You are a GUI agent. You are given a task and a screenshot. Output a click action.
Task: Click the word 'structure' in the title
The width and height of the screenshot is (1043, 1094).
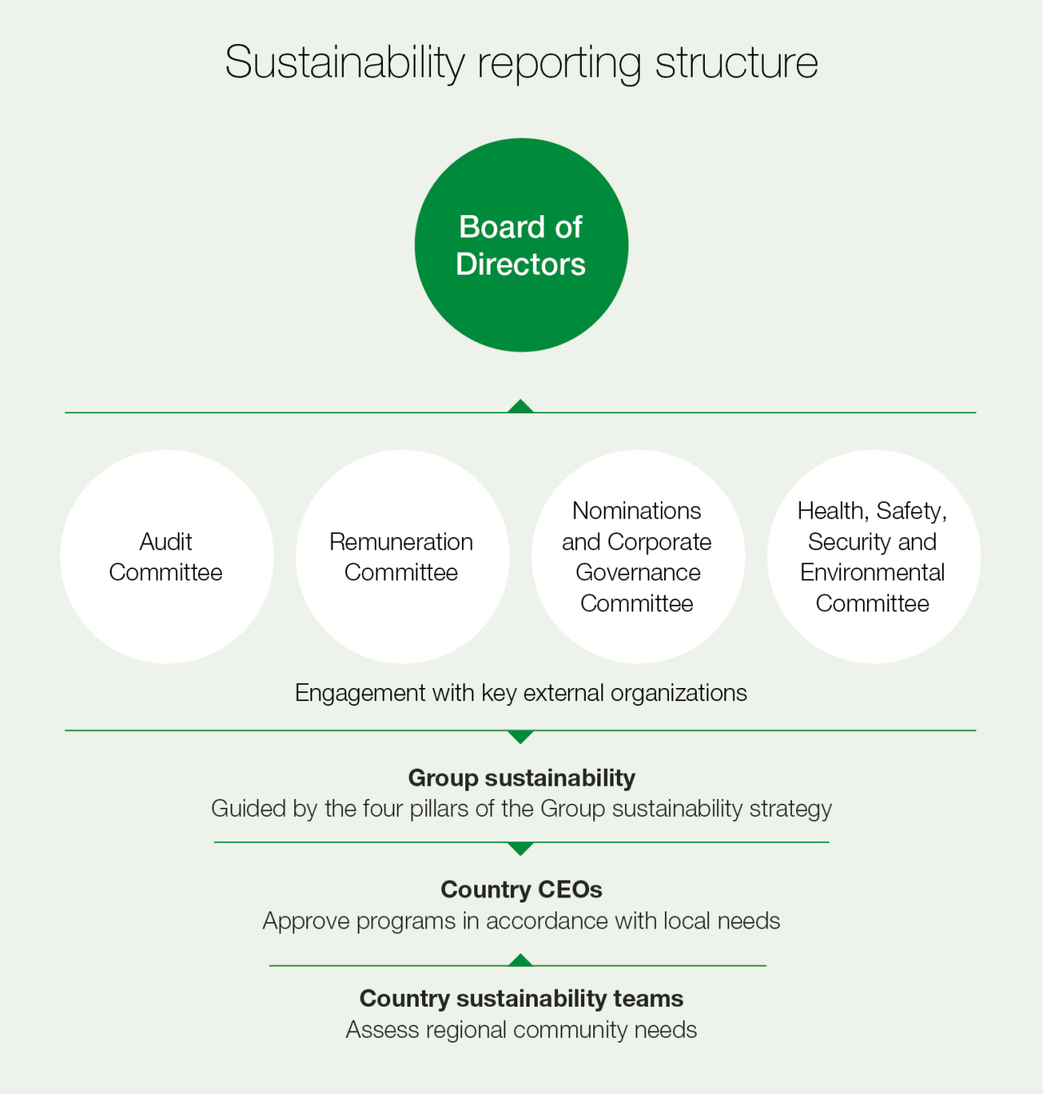point(737,63)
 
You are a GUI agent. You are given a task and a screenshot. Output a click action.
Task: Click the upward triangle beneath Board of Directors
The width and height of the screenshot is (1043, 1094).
point(521,406)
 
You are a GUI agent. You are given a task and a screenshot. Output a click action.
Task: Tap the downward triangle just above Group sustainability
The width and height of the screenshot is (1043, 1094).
point(521,737)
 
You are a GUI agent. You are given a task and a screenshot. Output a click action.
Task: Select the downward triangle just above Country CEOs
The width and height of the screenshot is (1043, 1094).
point(521,849)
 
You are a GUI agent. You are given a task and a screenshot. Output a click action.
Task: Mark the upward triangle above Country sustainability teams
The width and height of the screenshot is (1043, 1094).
point(521,959)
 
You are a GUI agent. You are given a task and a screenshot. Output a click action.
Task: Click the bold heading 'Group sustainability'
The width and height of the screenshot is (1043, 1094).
point(521,778)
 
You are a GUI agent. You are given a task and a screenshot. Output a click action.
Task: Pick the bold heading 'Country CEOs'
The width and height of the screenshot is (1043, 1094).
point(521,889)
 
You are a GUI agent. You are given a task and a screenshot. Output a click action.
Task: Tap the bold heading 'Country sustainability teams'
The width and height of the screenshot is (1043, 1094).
point(521,999)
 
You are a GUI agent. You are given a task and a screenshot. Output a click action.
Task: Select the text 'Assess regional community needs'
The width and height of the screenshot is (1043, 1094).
point(521,1030)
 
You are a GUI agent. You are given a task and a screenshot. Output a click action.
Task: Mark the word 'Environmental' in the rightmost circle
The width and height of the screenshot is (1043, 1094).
point(873,572)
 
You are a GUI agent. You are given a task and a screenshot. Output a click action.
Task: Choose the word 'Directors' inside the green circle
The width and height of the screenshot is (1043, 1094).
point(521,264)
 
